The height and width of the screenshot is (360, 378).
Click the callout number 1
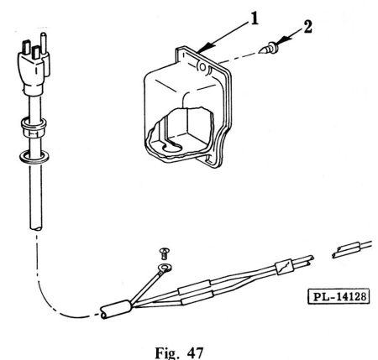pos(240,17)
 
